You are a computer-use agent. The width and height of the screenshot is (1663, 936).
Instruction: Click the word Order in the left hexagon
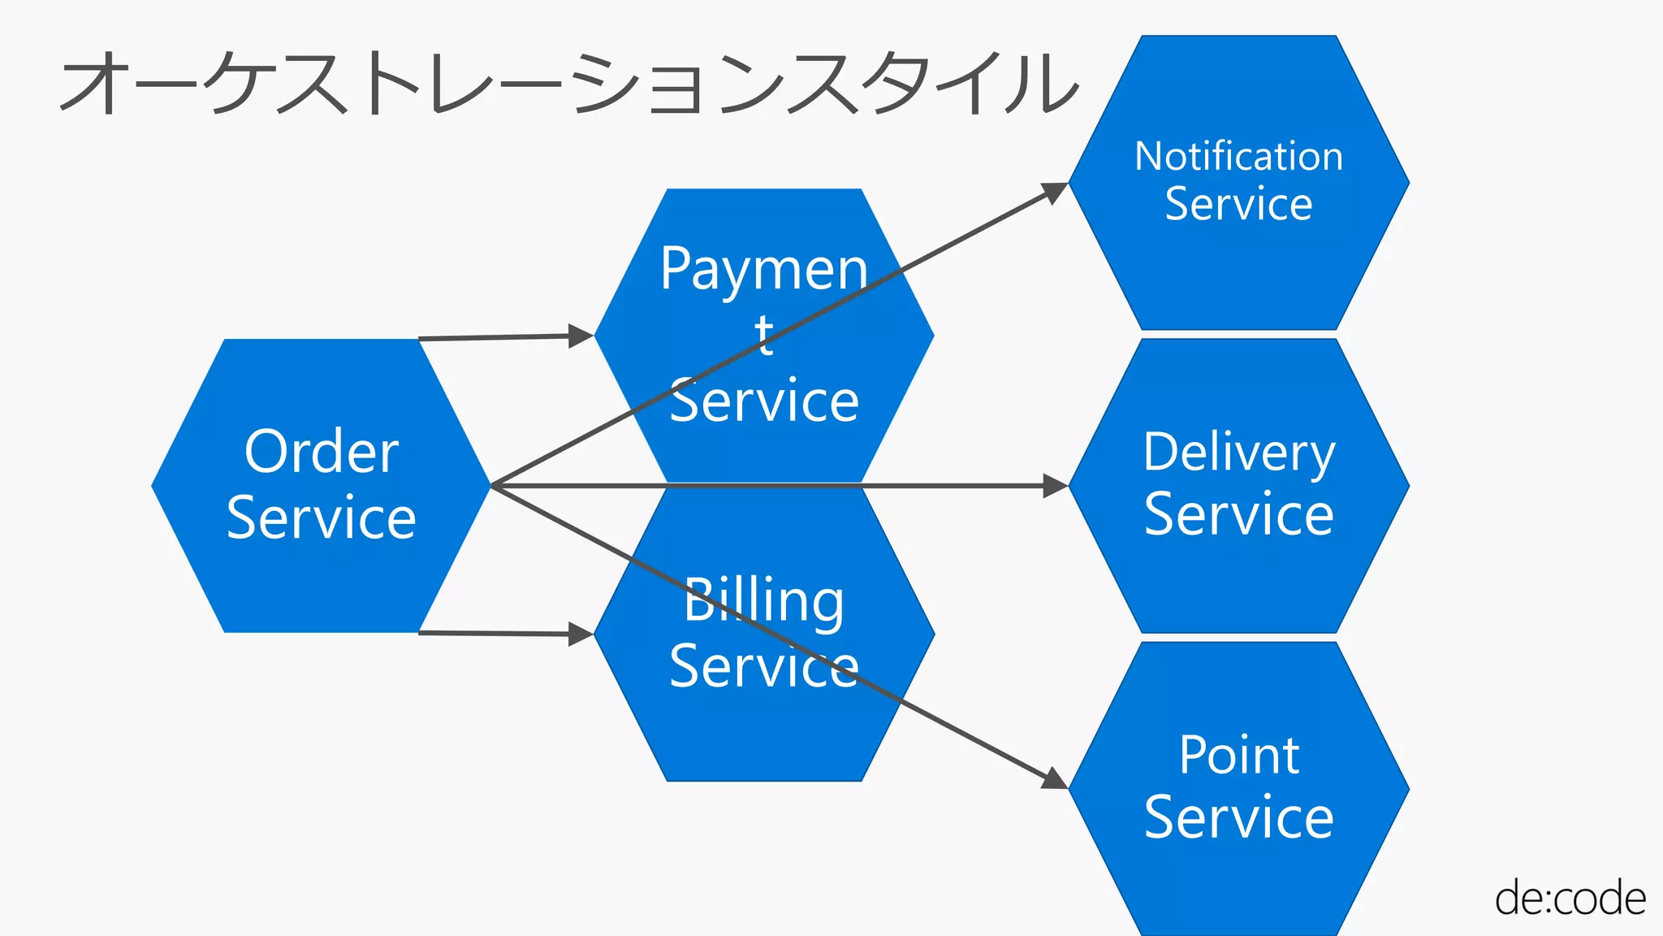coord(322,452)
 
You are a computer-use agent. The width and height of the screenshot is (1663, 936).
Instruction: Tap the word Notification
coord(1238,156)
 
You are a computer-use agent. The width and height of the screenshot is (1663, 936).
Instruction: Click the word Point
coord(1238,756)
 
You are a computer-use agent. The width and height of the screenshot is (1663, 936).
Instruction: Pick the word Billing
coord(763,601)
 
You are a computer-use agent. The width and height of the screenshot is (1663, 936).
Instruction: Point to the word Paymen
coord(763,270)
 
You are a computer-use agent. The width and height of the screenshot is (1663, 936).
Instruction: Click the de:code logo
coord(1570,899)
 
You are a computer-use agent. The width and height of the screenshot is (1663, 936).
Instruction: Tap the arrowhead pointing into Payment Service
coord(581,336)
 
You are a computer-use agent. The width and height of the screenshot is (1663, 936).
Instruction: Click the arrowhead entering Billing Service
coord(581,634)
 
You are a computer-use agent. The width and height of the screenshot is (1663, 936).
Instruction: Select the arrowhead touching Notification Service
coord(1054,192)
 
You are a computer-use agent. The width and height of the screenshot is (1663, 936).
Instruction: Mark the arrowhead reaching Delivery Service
coord(1055,486)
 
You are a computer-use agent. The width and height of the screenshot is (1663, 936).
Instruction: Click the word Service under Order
coord(322,518)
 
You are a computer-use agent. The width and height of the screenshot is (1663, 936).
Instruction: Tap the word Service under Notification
coord(1238,204)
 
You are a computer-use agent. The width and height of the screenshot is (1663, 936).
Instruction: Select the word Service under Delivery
coord(1238,514)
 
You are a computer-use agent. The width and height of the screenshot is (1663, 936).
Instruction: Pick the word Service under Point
coord(1238,817)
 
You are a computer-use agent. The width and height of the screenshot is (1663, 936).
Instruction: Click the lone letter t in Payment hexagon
coord(763,335)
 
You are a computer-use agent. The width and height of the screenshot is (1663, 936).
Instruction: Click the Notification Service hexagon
coord(1238,268)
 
